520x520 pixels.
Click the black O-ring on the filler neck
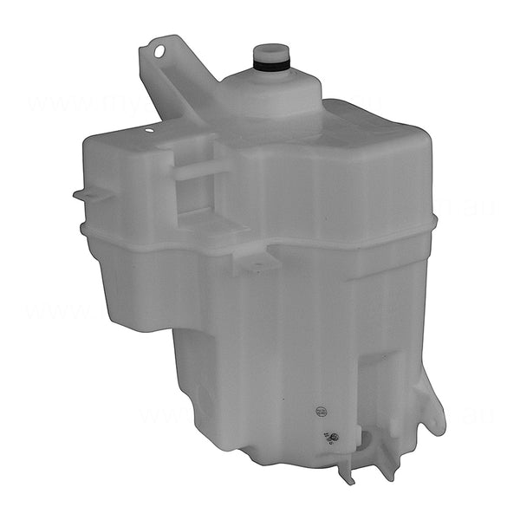coord(270,64)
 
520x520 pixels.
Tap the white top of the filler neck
coord(270,51)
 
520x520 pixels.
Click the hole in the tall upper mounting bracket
coord(159,51)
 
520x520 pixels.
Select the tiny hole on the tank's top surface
coord(149,131)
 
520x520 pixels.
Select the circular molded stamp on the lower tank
coord(322,410)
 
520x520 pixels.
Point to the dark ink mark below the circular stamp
coord(329,435)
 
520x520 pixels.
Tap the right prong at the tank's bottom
coord(385,469)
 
